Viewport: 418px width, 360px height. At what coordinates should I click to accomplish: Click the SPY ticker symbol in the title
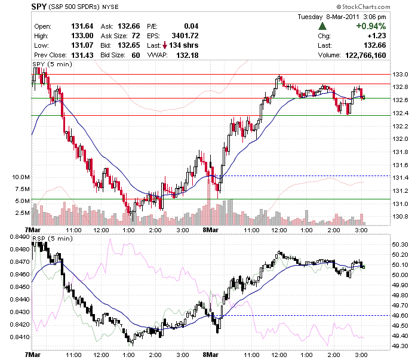(x=39, y=7)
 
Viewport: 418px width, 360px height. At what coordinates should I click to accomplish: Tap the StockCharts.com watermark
(x=363, y=7)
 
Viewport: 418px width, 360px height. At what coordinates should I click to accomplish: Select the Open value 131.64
(x=82, y=26)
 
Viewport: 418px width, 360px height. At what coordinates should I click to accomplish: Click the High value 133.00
(x=82, y=36)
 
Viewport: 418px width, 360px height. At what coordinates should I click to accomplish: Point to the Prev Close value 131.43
(x=82, y=56)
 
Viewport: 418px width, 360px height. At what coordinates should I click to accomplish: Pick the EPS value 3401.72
(x=185, y=36)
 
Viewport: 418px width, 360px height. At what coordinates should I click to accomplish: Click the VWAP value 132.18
(x=188, y=56)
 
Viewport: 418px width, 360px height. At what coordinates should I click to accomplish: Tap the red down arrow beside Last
(x=165, y=45)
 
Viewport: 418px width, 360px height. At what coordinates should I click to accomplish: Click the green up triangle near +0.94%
(x=322, y=26)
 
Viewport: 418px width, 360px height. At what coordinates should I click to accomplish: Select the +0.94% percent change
(x=371, y=26)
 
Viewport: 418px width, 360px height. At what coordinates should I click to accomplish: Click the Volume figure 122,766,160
(x=365, y=56)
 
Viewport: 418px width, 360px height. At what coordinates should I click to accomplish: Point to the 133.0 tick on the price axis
(x=400, y=75)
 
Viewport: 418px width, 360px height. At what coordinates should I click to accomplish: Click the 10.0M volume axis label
(x=21, y=177)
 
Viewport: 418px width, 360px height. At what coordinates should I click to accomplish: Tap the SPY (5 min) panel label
(x=53, y=64)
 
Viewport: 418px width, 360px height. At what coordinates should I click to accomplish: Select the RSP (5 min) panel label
(x=53, y=238)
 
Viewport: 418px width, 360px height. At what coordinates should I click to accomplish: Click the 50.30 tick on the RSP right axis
(x=400, y=245)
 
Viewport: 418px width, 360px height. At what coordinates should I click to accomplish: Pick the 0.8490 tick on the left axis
(x=20, y=237)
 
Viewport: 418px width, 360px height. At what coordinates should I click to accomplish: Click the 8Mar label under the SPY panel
(x=211, y=230)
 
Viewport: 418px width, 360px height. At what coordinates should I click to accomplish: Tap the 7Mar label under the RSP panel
(x=32, y=355)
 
